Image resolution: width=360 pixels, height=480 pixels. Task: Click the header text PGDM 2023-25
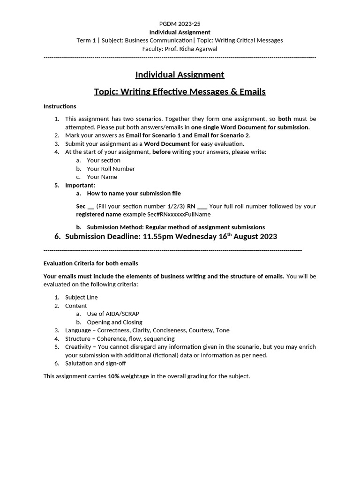(180, 23)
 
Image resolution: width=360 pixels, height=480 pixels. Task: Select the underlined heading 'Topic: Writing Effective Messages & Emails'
(180, 91)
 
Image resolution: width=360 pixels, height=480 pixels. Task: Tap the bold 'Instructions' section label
(60, 106)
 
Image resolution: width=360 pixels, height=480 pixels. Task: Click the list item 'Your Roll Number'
(111, 169)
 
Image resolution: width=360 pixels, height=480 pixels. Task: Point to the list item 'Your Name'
(102, 177)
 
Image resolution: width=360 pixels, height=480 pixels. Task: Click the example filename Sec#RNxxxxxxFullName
(173, 214)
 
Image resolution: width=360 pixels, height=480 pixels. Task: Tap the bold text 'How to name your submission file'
(134, 193)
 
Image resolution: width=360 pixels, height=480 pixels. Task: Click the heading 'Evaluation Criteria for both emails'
(90, 263)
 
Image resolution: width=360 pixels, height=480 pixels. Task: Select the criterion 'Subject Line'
(81, 297)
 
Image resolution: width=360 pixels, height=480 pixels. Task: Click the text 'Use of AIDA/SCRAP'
(112, 314)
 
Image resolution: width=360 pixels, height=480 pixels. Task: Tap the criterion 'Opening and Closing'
(114, 322)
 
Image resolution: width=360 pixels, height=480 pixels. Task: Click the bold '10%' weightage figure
(113, 376)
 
